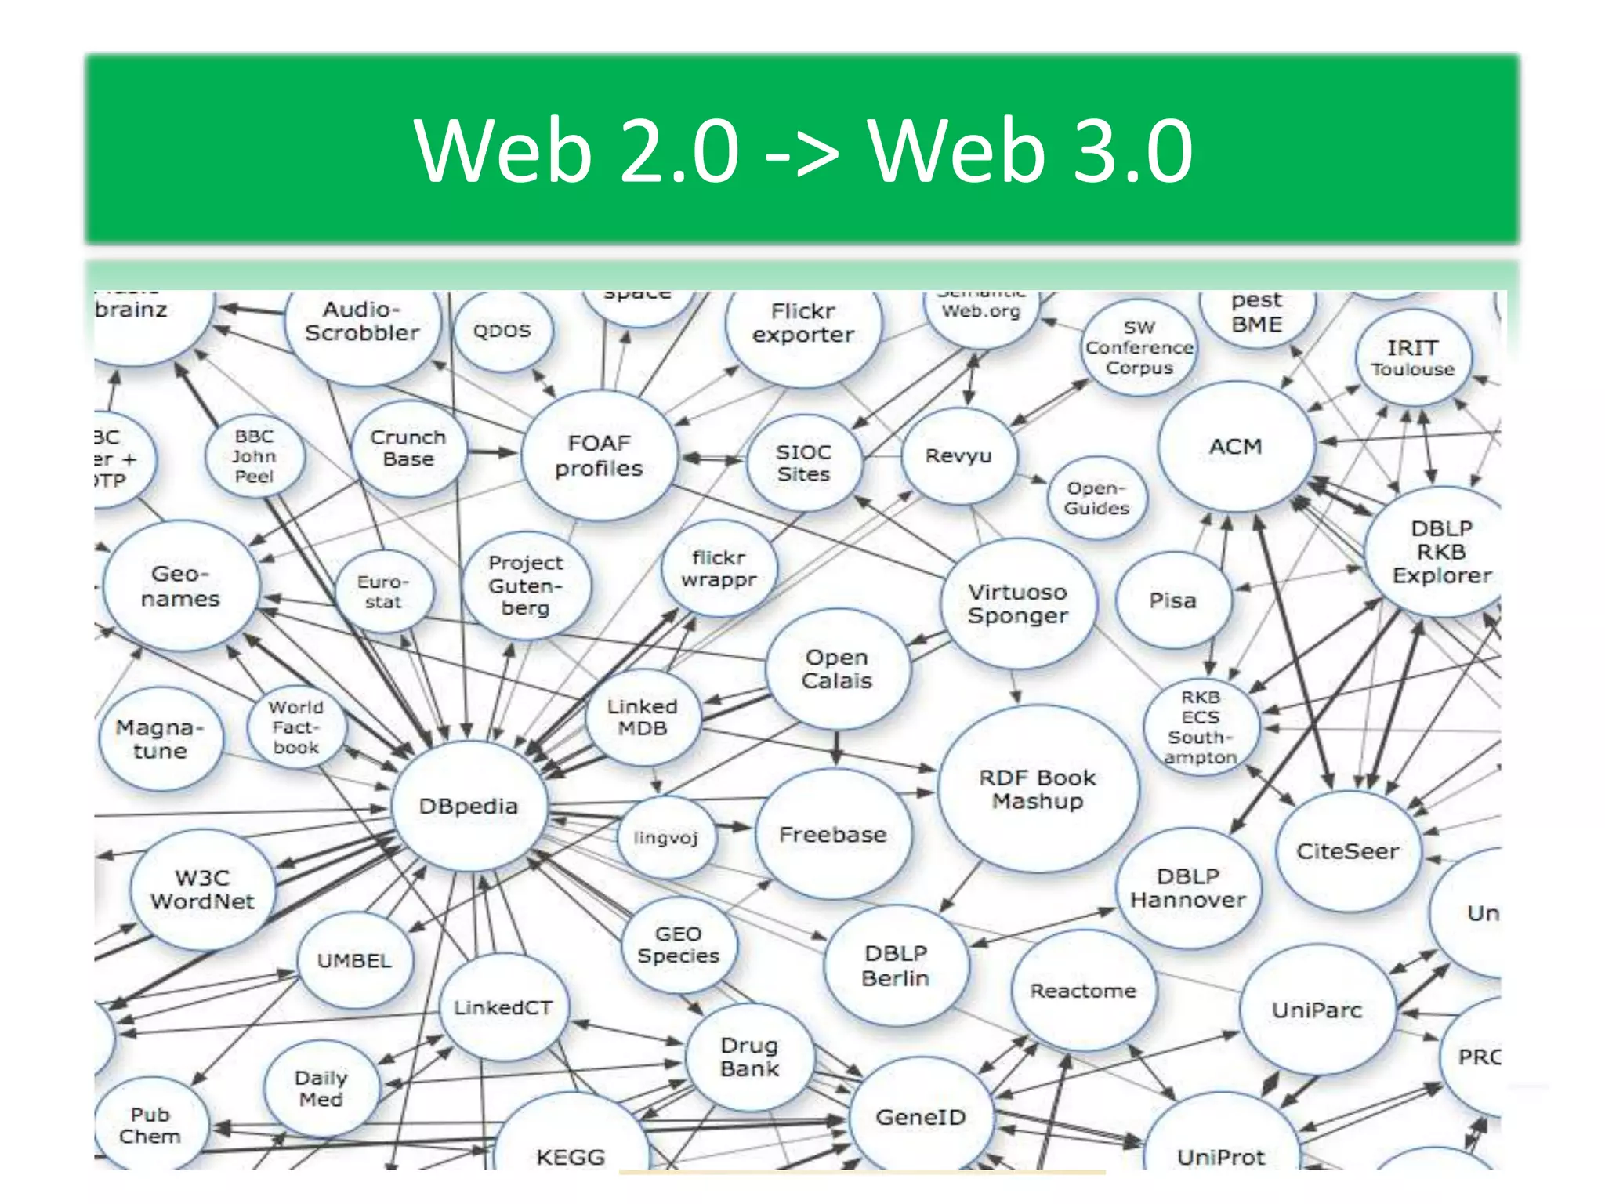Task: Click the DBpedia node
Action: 469,806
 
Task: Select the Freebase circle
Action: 833,834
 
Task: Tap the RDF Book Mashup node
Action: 1037,789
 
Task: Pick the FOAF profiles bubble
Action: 599,455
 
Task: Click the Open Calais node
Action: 837,669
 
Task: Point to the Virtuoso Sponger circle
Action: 1017,604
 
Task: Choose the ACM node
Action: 1235,447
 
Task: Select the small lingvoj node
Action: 665,837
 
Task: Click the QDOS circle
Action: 502,331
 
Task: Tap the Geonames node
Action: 180,586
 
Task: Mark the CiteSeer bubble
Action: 1347,851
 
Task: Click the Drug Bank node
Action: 749,1057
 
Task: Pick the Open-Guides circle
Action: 1096,498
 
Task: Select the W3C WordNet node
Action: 203,890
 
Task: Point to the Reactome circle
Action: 1083,991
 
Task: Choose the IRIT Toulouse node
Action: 1412,357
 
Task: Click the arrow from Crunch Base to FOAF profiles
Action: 492,452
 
